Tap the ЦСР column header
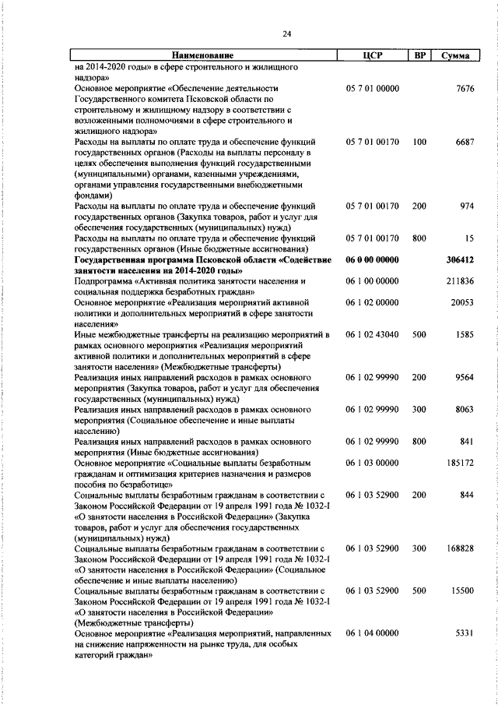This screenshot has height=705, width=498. tap(372, 56)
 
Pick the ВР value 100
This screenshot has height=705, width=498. tap(420, 143)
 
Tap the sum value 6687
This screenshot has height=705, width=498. tap(464, 143)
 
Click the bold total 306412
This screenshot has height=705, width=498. tap(461, 259)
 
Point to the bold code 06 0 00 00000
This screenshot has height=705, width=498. tap(372, 259)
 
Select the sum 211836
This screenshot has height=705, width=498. tap(461, 280)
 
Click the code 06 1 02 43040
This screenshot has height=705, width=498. tap(372, 334)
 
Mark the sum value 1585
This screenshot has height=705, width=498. tap(464, 334)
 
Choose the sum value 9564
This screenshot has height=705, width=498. tap(464, 377)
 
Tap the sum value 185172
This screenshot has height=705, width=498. tap(461, 463)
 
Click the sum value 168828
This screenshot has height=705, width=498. tap(461, 548)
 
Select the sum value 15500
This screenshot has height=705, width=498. tap(462, 591)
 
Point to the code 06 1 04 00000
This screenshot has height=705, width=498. tap(372, 634)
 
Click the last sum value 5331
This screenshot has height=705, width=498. tap(464, 634)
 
